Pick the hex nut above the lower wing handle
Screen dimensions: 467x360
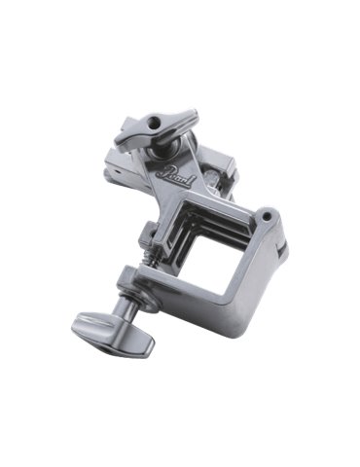pos(131,285)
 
